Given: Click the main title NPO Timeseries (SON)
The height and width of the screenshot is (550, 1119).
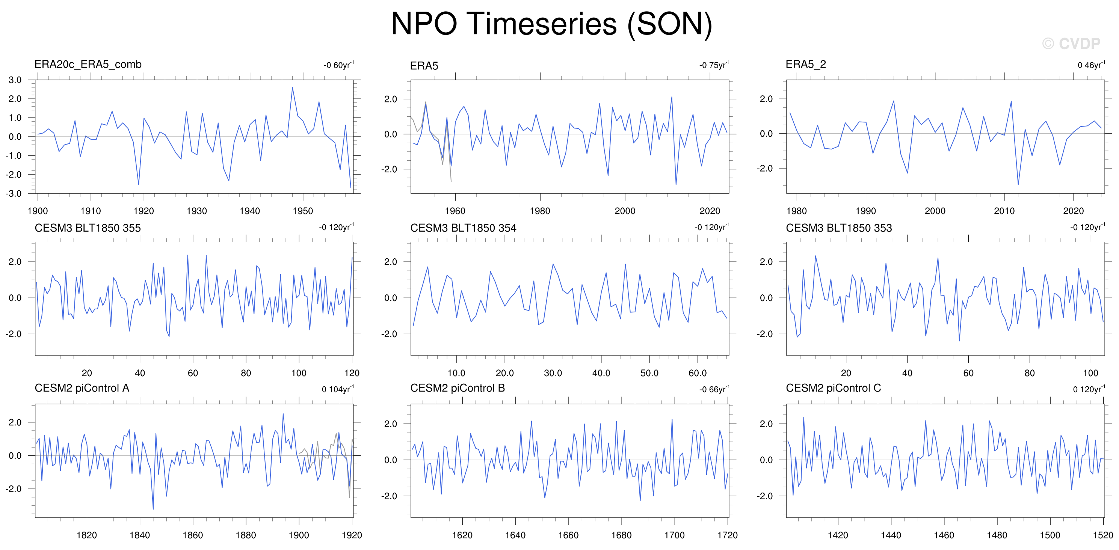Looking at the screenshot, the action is [552, 24].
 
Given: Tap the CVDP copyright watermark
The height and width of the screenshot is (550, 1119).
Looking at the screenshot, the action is [1071, 44].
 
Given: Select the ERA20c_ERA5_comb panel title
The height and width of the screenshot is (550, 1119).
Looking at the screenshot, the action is [88, 65].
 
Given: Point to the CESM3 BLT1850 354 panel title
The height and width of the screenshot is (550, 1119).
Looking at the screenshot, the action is [463, 228].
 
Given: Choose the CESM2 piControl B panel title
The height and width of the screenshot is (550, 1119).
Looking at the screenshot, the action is [458, 388].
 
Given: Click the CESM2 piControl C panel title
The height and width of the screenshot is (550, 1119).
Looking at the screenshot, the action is [833, 388].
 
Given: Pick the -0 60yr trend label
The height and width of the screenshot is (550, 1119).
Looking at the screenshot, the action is [339, 65].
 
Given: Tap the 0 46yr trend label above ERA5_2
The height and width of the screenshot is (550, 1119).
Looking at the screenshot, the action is [1091, 65].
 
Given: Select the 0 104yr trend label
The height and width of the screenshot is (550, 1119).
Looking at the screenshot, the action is [338, 389].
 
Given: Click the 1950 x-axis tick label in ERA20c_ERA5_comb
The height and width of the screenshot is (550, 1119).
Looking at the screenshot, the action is [303, 211].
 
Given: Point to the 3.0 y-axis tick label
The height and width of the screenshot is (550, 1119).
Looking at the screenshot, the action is [15, 80].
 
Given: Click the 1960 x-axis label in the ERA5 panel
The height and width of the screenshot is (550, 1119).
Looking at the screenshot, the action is [455, 211].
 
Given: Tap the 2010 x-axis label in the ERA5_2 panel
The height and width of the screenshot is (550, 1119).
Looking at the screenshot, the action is [1004, 211].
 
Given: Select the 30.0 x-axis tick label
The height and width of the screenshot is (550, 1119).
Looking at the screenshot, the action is [553, 373].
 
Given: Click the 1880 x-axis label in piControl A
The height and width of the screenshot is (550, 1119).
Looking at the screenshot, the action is [246, 535].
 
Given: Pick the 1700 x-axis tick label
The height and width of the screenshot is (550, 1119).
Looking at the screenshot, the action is [675, 535].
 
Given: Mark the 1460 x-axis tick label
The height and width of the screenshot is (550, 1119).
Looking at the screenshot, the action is [944, 535].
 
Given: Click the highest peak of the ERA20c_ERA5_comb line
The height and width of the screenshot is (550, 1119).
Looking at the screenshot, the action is [292, 88].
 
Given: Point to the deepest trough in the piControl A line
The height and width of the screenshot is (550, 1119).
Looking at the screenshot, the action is [153, 509].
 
